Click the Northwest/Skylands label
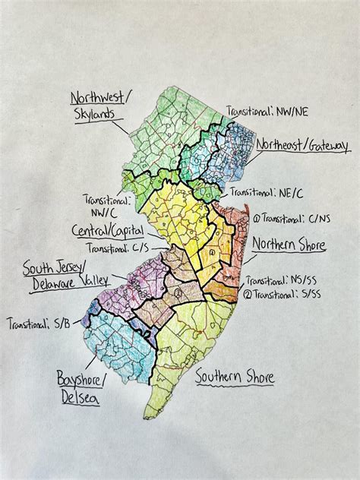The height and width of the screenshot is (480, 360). (102, 106)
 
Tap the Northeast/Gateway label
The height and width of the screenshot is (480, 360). (302, 144)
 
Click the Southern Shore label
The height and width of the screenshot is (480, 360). (234, 377)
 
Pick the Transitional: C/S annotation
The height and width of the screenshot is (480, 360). (117, 247)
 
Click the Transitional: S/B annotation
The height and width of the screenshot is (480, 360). (39, 324)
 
